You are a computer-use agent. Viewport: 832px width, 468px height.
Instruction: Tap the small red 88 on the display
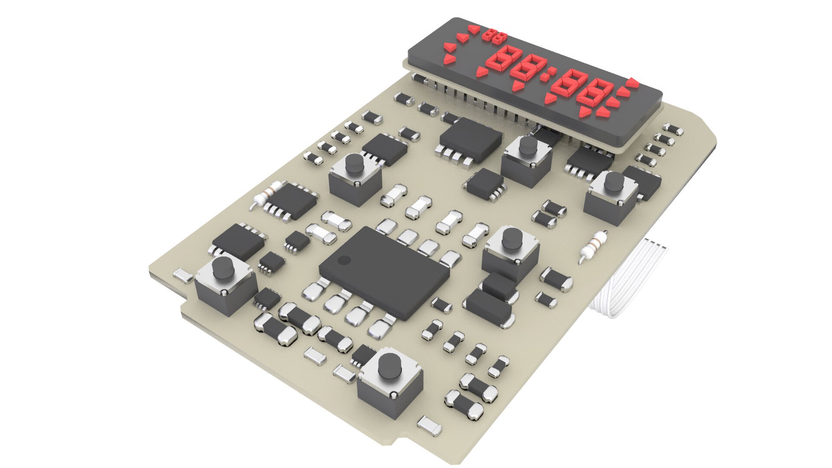[x=494, y=36]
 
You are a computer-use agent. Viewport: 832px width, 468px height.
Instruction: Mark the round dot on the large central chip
[x=344, y=260]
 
